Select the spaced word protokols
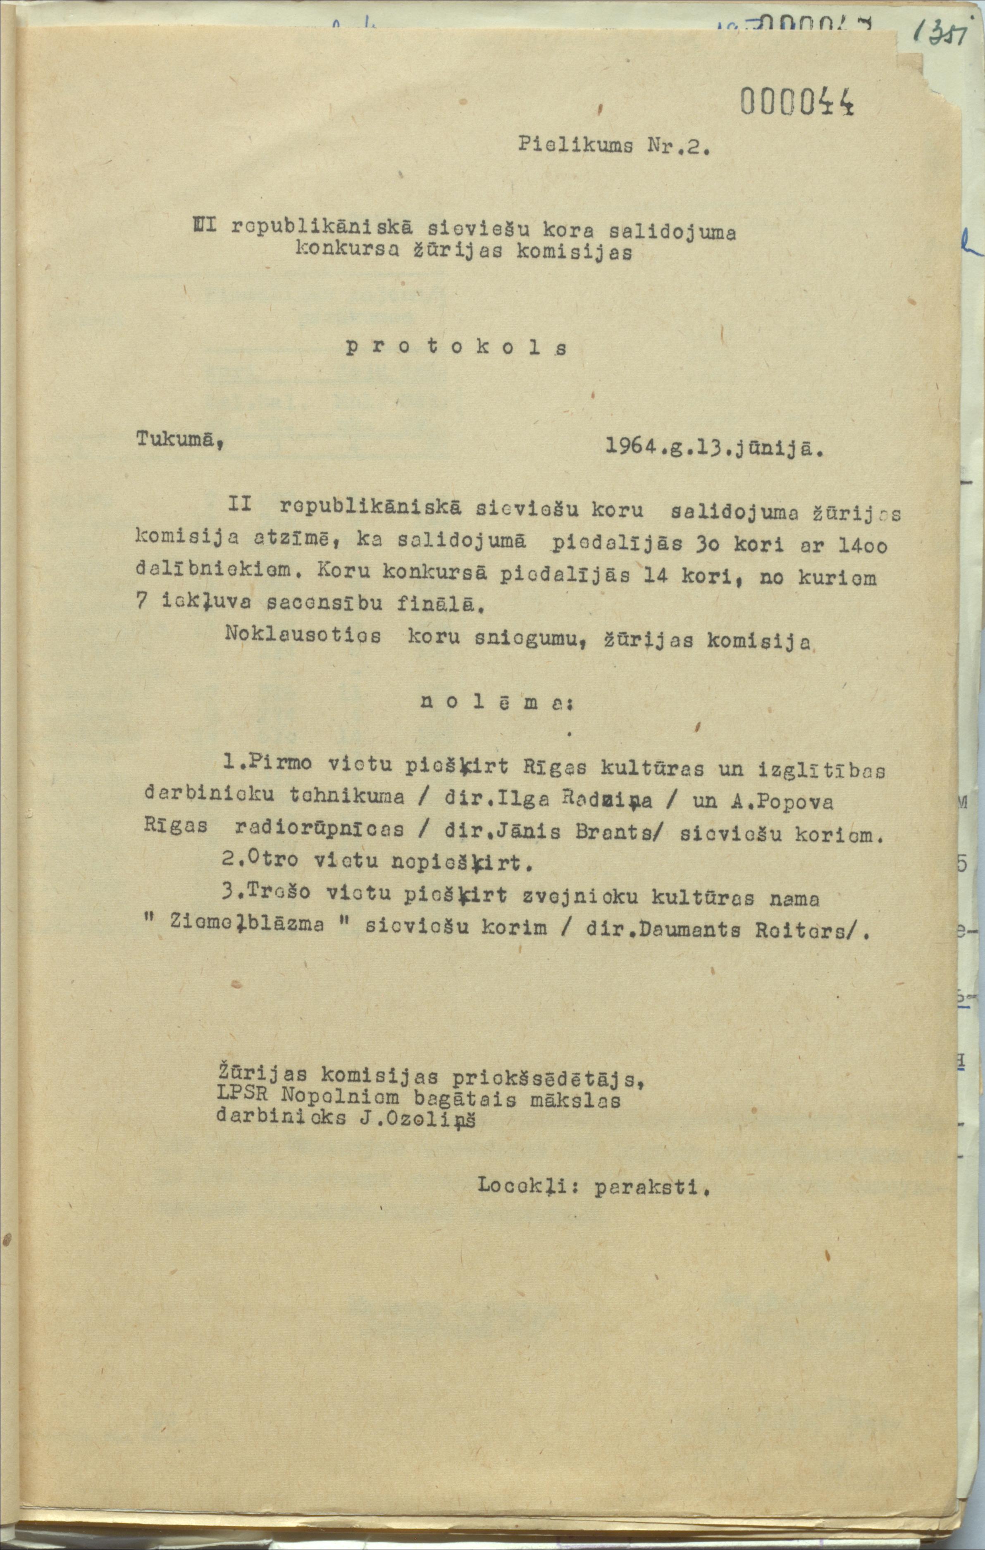tap(456, 348)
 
